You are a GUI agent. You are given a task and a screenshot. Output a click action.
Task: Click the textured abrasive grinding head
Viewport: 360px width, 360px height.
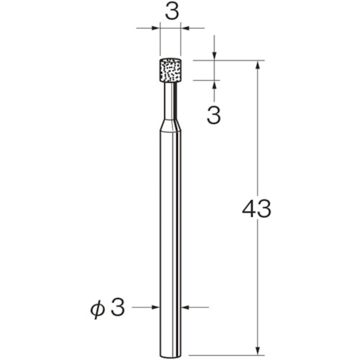tap(170, 71)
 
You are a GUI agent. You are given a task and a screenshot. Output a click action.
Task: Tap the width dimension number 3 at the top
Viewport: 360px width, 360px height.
tap(172, 12)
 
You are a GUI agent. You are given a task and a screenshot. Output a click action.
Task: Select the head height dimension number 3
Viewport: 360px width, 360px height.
tap(214, 116)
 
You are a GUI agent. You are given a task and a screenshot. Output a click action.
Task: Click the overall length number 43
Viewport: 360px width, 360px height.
tap(256, 209)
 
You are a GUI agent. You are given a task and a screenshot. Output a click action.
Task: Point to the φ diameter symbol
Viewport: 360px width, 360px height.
tap(97, 310)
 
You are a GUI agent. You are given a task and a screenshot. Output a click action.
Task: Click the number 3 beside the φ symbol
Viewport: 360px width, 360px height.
tap(118, 307)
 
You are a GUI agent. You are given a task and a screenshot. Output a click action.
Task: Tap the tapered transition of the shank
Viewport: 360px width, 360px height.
tap(171, 125)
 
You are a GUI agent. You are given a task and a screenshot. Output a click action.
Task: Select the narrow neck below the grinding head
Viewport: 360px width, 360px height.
tap(171, 102)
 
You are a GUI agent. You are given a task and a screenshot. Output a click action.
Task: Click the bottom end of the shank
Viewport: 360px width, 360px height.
tap(171, 356)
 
